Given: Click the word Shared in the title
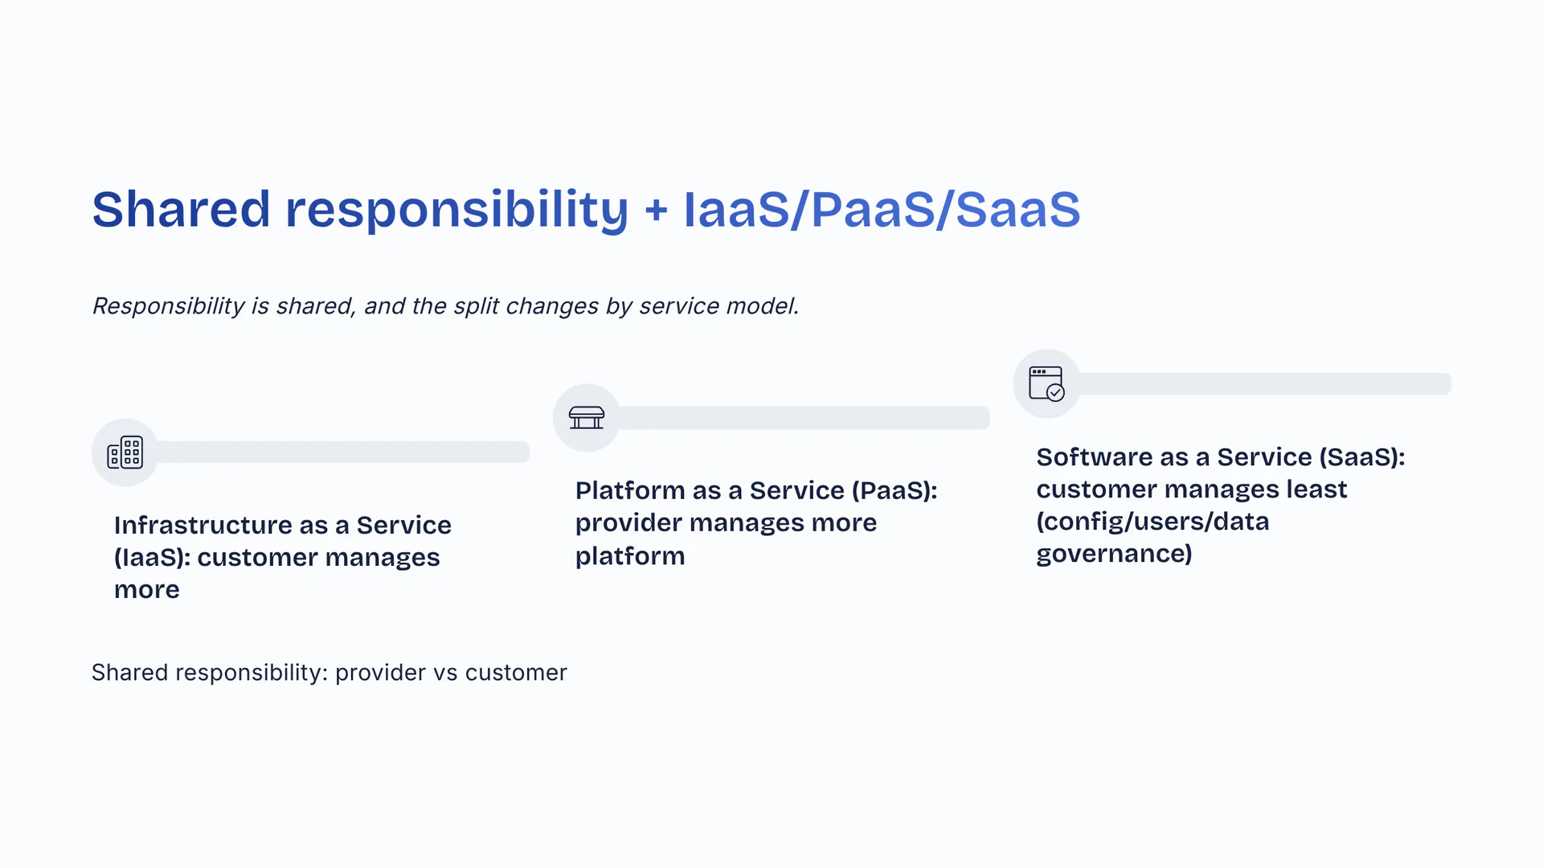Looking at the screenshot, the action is tap(181, 209).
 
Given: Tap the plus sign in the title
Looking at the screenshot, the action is tap(656, 211).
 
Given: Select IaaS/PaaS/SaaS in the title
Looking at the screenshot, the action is tap(882, 210).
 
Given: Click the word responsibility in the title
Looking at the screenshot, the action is tap(456, 211).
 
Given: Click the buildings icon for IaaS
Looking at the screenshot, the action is tap(125, 452).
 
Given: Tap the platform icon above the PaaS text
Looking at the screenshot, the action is tap(587, 418).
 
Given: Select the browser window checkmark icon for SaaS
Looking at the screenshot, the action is tap(1047, 383).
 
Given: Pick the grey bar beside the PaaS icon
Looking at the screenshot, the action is tap(804, 418).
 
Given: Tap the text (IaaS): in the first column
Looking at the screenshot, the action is tap(152, 558).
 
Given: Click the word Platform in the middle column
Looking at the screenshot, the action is tap(629, 490).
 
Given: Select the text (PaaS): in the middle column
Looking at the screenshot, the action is tap(894, 490).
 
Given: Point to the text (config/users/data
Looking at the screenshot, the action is tap(1152, 522).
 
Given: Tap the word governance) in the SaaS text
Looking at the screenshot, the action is tap(1114, 554).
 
